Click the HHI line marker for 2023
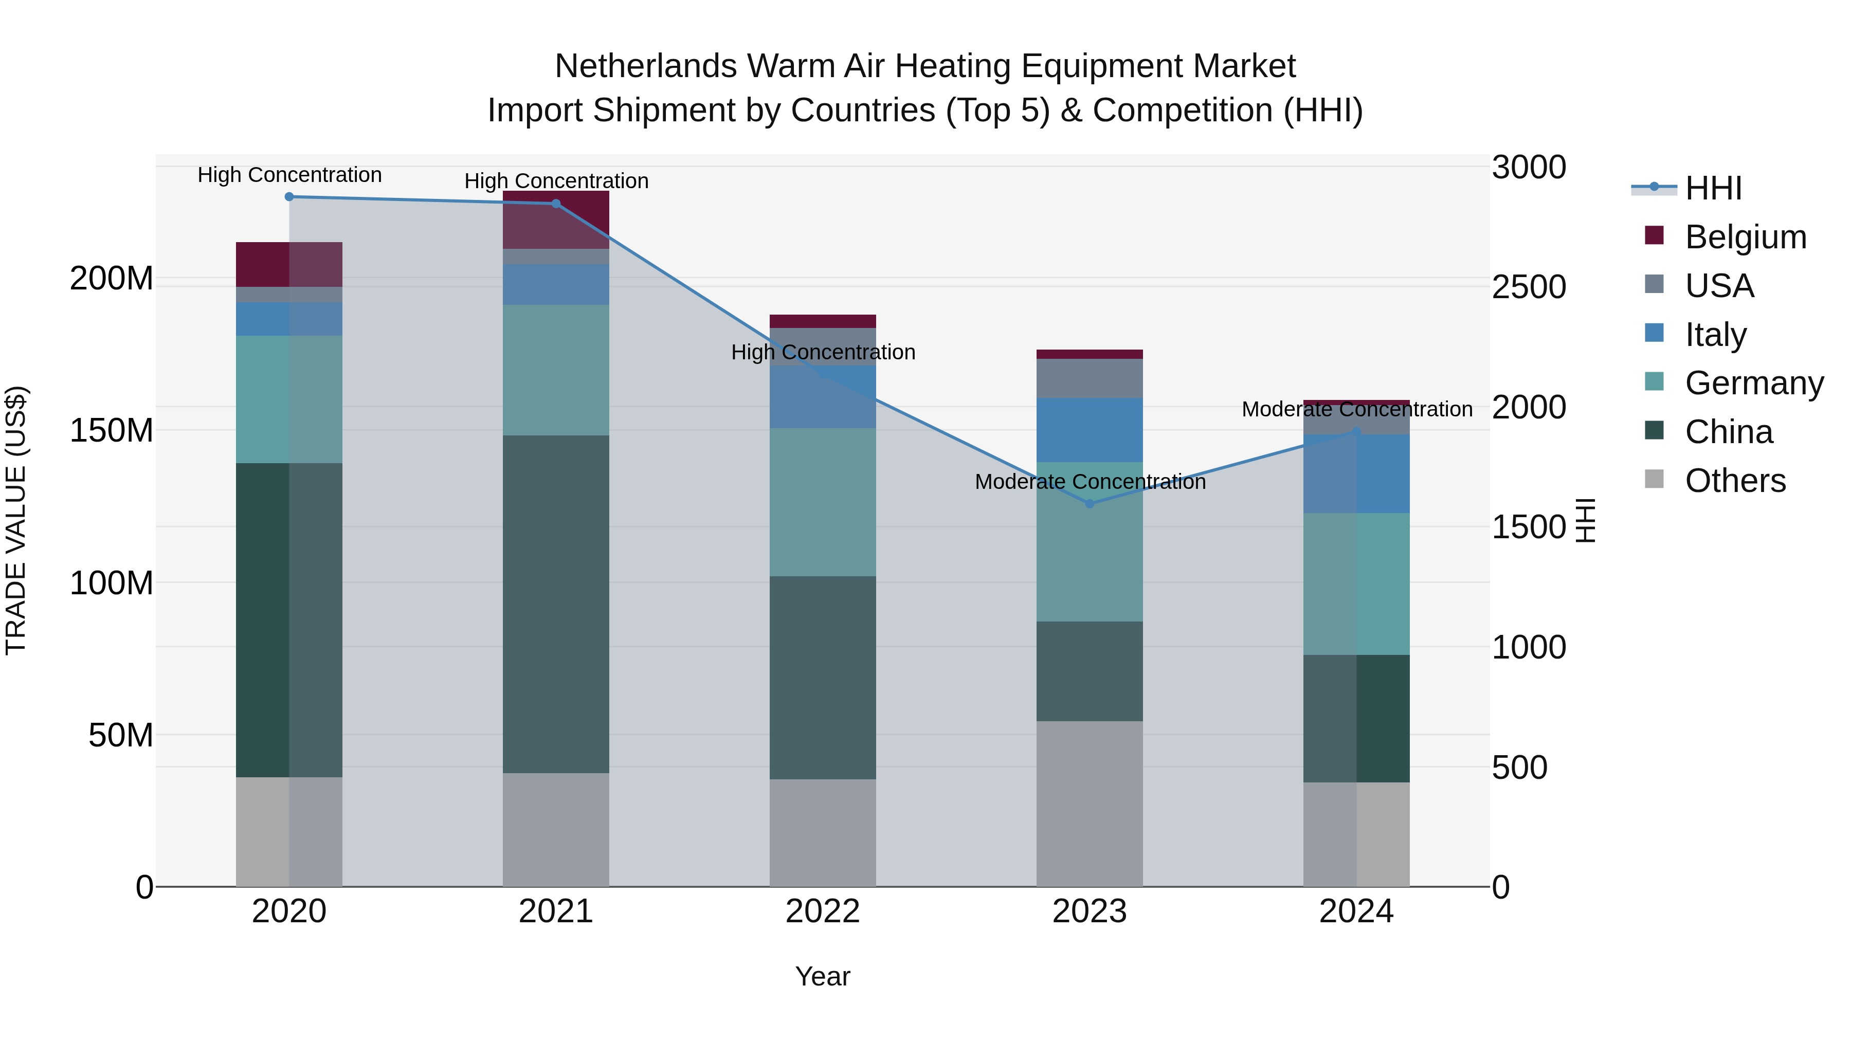tap(1090, 504)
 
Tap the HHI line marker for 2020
tap(289, 196)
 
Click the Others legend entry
tap(1735, 481)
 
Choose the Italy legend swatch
tap(1654, 333)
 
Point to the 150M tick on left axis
tap(112, 430)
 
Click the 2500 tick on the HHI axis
tap(1529, 287)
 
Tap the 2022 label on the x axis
tap(823, 911)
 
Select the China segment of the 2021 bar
tap(555, 604)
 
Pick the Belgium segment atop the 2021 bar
tap(555, 219)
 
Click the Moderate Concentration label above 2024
tap(1357, 409)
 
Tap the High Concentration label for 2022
tap(823, 352)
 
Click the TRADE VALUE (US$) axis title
tap(16, 520)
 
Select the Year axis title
tap(823, 976)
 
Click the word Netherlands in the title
tap(645, 66)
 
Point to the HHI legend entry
tap(1713, 188)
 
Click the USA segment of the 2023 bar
tap(1090, 378)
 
